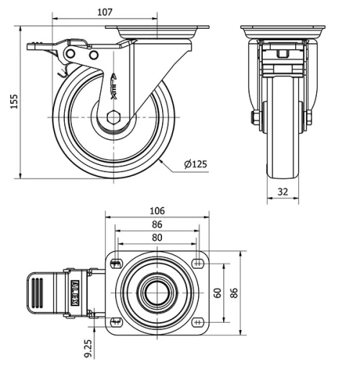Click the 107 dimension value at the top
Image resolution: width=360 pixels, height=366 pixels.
pos(105,12)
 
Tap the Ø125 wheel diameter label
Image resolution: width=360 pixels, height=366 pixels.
pos(195,164)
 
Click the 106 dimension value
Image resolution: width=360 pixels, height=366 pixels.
pos(158,210)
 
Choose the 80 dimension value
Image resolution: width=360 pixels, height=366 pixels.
pos(157,237)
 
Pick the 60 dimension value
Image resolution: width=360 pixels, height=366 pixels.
pos(217,293)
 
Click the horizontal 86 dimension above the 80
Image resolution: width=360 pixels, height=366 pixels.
pos(157,224)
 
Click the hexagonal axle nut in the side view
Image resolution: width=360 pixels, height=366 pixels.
pos(112,118)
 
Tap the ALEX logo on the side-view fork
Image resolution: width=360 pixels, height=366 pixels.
pos(117,86)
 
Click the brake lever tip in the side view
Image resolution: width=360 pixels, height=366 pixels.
pos(33,46)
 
